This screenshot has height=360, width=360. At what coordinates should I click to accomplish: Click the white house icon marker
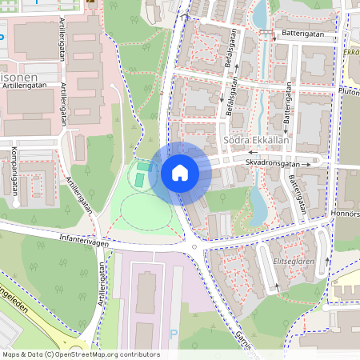(180, 172)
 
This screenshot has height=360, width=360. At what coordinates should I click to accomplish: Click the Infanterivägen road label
(83, 238)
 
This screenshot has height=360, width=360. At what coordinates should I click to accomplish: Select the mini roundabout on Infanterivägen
(194, 247)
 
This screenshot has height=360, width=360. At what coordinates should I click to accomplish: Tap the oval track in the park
(144, 210)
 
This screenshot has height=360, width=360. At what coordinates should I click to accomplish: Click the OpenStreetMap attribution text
(80, 354)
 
